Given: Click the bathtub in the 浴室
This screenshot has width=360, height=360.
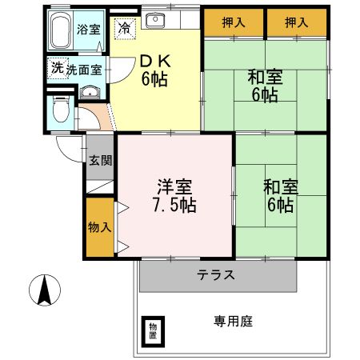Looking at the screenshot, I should (60, 32).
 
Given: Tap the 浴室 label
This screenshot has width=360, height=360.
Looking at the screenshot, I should (88, 30).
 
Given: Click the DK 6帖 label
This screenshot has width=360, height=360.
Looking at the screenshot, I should (154, 69).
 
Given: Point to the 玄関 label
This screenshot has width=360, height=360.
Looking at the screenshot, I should (100, 160).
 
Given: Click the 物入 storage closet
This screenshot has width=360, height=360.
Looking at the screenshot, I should (100, 226).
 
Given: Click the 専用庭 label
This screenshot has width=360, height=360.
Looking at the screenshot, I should (233, 321).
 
